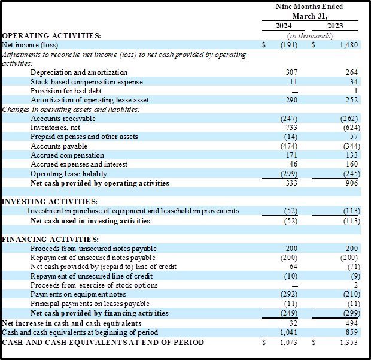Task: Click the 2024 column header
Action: [284, 26]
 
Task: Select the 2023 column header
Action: [335, 26]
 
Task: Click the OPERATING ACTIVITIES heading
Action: [51, 36]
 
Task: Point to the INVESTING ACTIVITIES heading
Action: [50, 202]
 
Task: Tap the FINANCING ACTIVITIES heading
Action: [50, 239]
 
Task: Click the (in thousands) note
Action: [310, 36]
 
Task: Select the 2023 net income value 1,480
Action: [349, 45]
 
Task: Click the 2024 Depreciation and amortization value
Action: [291, 72]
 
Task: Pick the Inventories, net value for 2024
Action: [291, 128]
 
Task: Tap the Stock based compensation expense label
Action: [87, 82]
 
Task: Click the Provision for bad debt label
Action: [66, 91]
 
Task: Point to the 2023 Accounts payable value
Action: [352, 146]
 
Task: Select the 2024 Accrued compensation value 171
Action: [291, 155]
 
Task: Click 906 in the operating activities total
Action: [352, 183]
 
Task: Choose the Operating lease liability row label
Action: [69, 174]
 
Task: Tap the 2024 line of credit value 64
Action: [293, 267]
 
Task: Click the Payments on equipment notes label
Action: [78, 294]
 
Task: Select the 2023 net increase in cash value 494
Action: [352, 323]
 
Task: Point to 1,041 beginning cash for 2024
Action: [288, 332]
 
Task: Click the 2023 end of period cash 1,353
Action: [349, 343]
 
